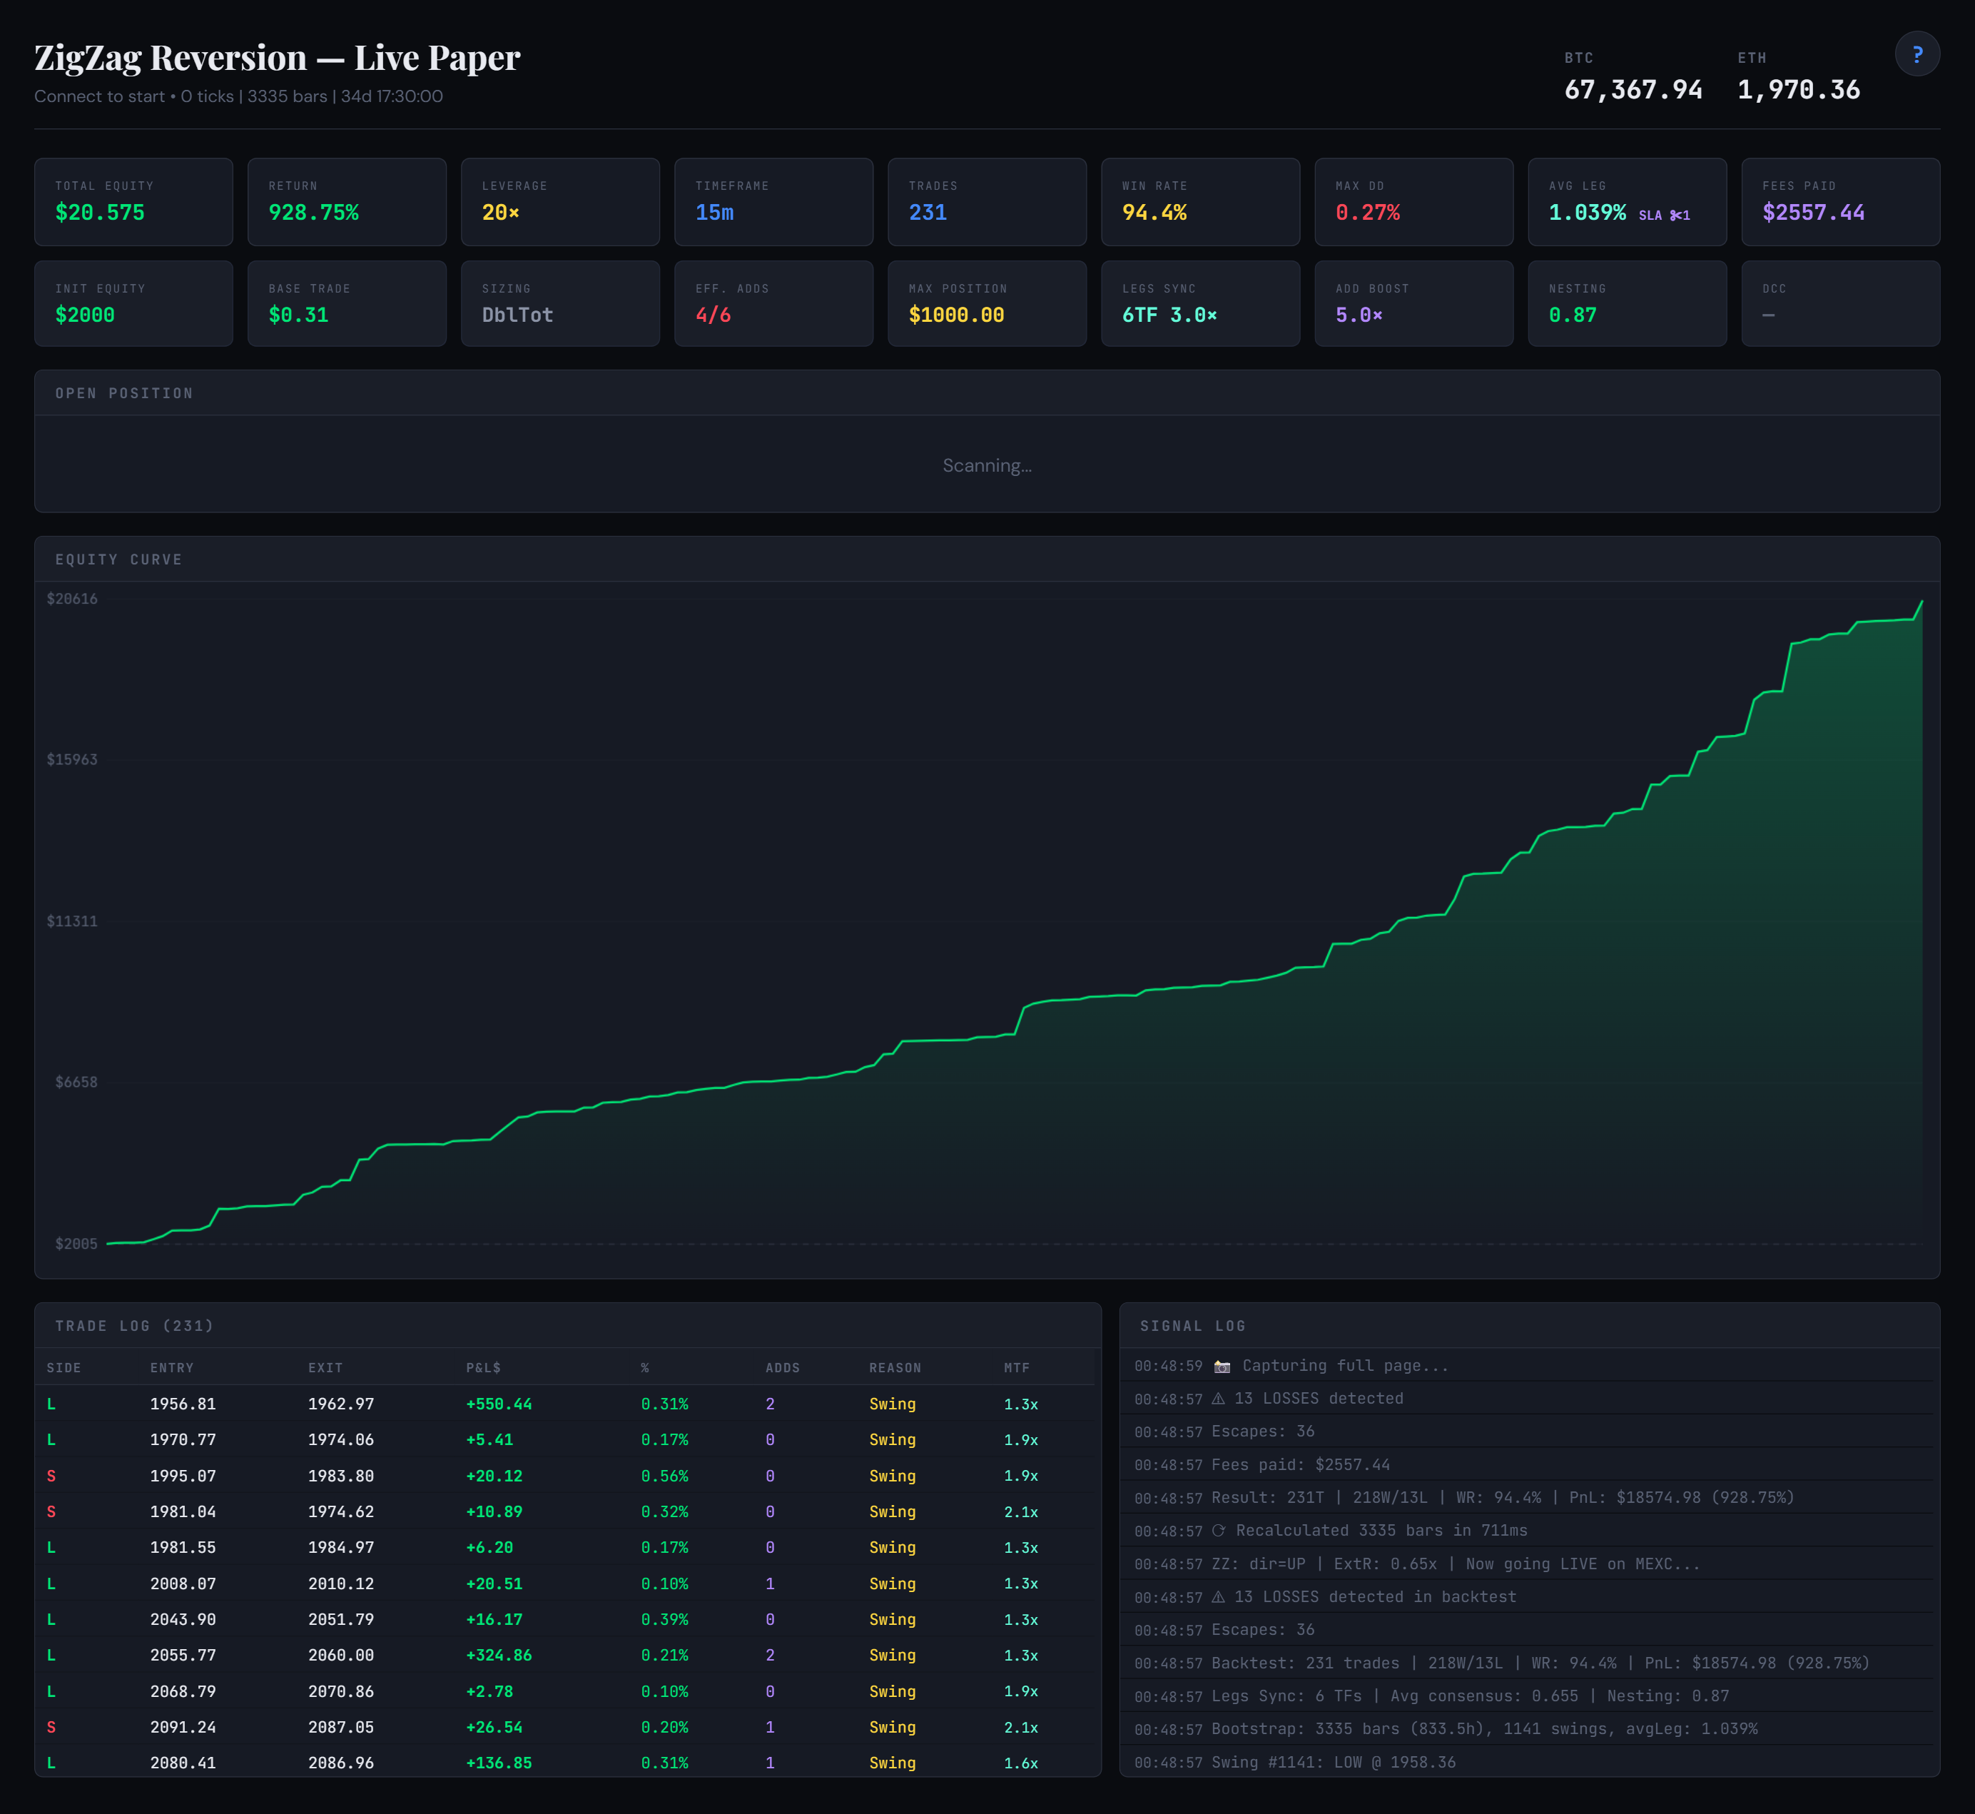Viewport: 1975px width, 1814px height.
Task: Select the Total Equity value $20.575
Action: pyautogui.click(x=100, y=213)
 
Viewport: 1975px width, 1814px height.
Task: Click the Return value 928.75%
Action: pyautogui.click(x=313, y=213)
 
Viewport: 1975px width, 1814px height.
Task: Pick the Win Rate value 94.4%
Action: pyautogui.click(x=1154, y=213)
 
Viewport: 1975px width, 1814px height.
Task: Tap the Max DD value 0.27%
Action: pyautogui.click(x=1367, y=213)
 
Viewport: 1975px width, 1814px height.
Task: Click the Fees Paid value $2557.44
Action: pyautogui.click(x=1813, y=213)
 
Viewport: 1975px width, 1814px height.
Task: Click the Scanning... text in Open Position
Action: pyautogui.click(x=987, y=465)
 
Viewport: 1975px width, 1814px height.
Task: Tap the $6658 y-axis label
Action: pyautogui.click(x=76, y=1082)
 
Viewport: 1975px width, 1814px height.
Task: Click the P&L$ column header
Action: pyautogui.click(x=483, y=1367)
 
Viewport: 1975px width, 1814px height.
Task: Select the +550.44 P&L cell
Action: pyautogui.click(x=499, y=1404)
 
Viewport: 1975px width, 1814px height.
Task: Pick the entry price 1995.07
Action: pyautogui.click(x=183, y=1475)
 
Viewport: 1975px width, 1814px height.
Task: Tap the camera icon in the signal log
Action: pyautogui.click(x=1222, y=1367)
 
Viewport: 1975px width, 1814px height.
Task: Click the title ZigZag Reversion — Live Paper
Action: pyautogui.click(x=277, y=58)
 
